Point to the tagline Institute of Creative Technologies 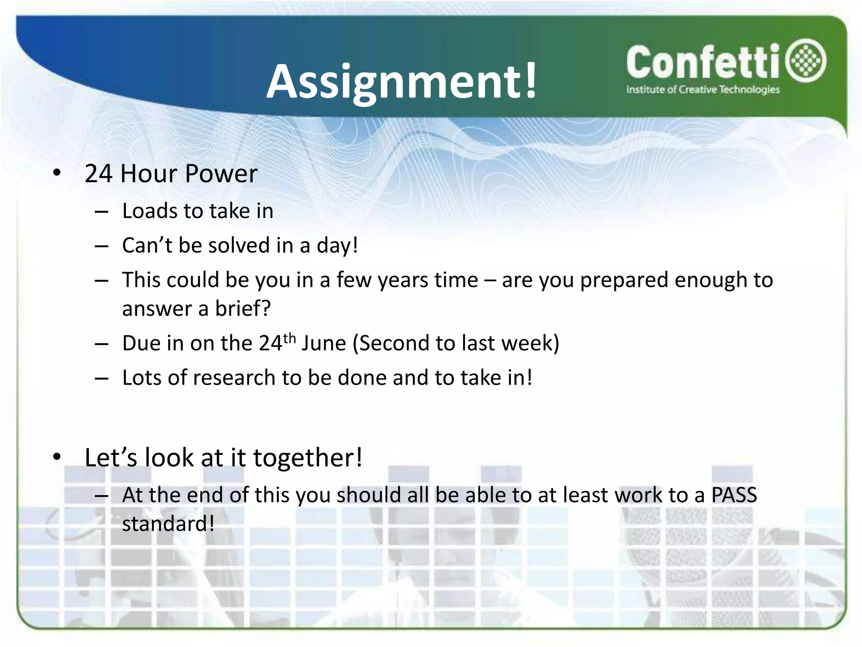click(x=703, y=89)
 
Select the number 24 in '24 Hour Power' click(x=98, y=174)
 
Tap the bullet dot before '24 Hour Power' click(x=57, y=173)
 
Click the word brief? click(x=243, y=309)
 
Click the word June click(x=324, y=343)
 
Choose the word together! click(x=308, y=457)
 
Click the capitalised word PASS click(x=734, y=495)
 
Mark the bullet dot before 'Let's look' click(x=57, y=457)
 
